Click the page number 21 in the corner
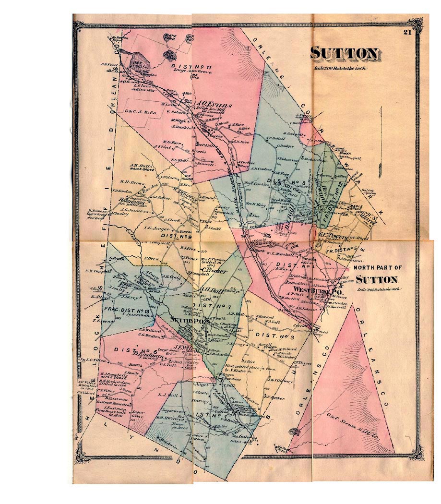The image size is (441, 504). [x=407, y=33]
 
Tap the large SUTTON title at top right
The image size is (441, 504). [x=345, y=53]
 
